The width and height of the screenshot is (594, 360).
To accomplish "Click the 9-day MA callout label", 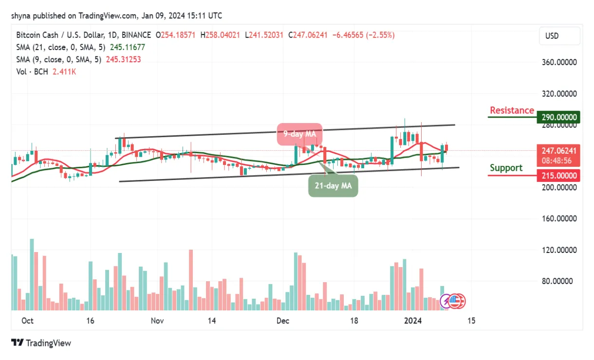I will tap(300, 134).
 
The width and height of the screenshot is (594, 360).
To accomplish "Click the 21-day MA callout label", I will tap(333, 185).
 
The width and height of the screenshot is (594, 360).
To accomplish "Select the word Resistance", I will tap(512, 110).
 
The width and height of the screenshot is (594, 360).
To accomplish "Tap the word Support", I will tap(506, 168).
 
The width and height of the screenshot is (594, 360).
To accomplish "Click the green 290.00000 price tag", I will tap(558, 117).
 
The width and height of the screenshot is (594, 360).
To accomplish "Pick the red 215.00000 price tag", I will tap(558, 176).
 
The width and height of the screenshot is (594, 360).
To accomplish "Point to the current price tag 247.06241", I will tap(558, 151).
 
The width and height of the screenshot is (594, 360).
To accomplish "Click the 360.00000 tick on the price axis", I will tap(558, 62).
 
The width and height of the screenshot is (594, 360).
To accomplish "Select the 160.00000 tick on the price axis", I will tap(558, 218).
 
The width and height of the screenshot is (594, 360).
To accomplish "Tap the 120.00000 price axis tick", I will tap(558, 250).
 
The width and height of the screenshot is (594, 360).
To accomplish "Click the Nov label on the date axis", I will tap(157, 321).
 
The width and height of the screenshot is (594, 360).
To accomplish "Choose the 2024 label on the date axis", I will tap(413, 321).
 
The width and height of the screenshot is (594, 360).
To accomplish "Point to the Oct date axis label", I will tap(27, 321).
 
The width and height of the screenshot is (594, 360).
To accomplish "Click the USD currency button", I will tap(559, 36).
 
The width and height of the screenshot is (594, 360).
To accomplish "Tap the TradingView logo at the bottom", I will tap(41, 343).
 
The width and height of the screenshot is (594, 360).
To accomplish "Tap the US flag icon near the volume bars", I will tap(456, 302).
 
